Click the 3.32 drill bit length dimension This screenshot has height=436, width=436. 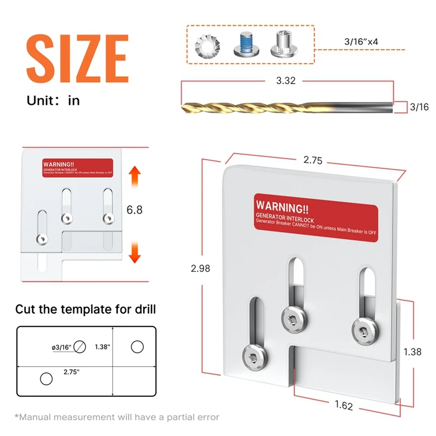pyautogui.click(x=287, y=81)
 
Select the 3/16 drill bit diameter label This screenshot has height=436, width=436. pyautogui.click(x=419, y=107)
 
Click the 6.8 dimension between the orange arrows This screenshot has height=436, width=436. pyautogui.click(x=135, y=209)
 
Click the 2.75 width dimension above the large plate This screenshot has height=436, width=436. pyautogui.click(x=313, y=160)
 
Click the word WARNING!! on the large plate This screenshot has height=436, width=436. pyautogui.click(x=282, y=207)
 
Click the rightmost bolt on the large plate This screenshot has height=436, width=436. pyautogui.click(x=362, y=329)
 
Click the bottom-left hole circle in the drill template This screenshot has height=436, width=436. pyautogui.click(x=46, y=378)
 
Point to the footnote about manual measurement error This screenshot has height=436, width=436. pyautogui.click(x=117, y=417)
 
